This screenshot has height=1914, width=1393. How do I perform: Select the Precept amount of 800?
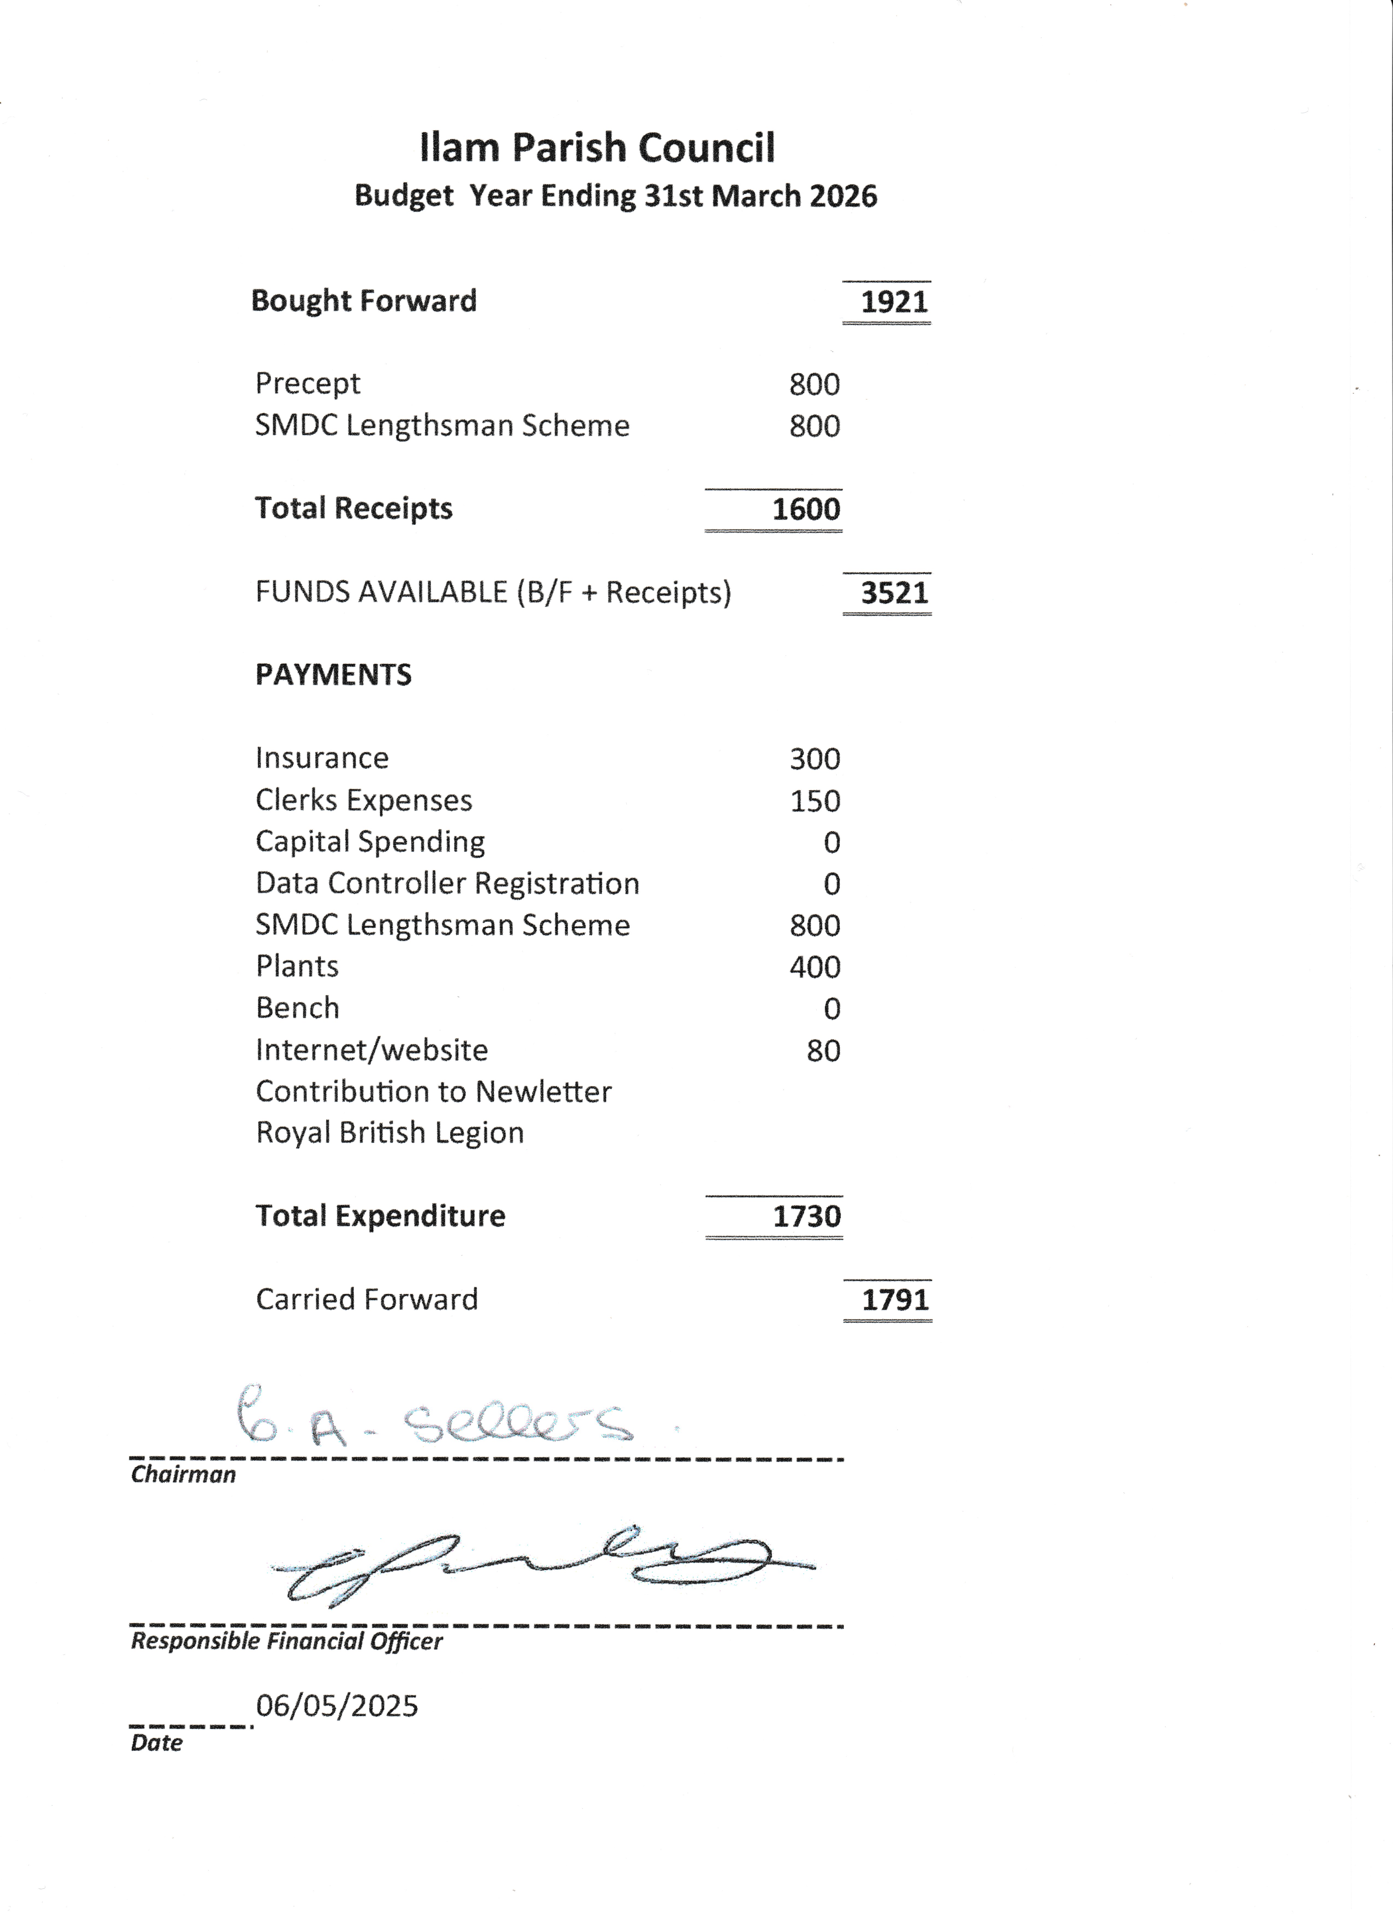coord(814,385)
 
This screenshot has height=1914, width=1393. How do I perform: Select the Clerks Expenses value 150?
coord(814,801)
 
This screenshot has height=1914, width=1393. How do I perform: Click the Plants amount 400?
coord(814,967)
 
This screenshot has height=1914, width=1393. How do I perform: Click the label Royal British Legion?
coord(390,1133)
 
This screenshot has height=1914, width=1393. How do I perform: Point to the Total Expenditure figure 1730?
coord(807,1217)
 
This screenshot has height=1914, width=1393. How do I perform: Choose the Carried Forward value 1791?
coord(894,1300)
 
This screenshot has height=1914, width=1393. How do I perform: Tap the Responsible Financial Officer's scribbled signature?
coord(540,1566)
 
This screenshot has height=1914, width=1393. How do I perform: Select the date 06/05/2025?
coord(337,1706)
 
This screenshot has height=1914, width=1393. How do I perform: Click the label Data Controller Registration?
coord(447,884)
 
